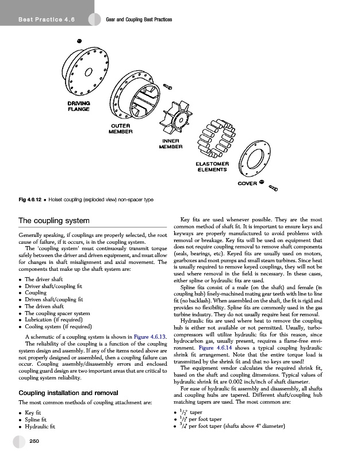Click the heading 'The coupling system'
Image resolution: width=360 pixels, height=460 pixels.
coord(54,221)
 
